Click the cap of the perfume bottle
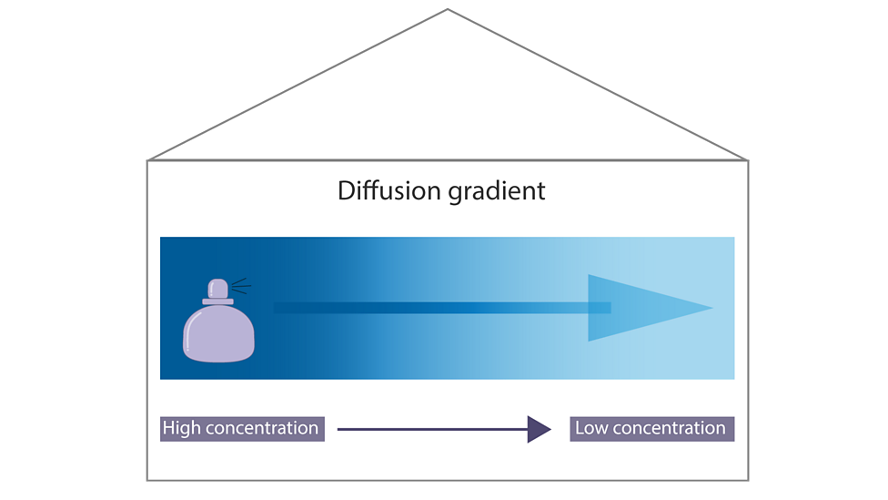[x=218, y=289]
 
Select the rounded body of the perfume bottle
[x=219, y=333]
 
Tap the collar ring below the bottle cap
[x=218, y=301]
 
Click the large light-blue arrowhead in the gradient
[x=637, y=308]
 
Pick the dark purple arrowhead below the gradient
[x=539, y=428]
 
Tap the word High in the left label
[x=182, y=428]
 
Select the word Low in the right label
[x=592, y=428]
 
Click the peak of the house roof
[x=447, y=9]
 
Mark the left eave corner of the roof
[x=146, y=161]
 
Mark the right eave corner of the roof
[x=749, y=161]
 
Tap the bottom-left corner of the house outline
[x=146, y=480]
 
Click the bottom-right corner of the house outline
[x=749, y=480]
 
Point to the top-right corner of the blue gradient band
[x=733, y=238]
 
